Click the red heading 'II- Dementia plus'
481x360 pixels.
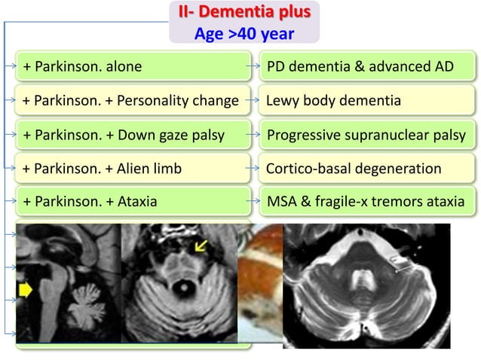(244, 13)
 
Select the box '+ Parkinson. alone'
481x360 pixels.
(134, 67)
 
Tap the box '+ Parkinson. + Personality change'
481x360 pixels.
(134, 100)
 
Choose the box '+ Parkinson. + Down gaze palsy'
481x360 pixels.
(134, 135)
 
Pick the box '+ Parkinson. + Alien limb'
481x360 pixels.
(134, 168)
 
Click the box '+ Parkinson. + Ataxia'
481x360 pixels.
(134, 202)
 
